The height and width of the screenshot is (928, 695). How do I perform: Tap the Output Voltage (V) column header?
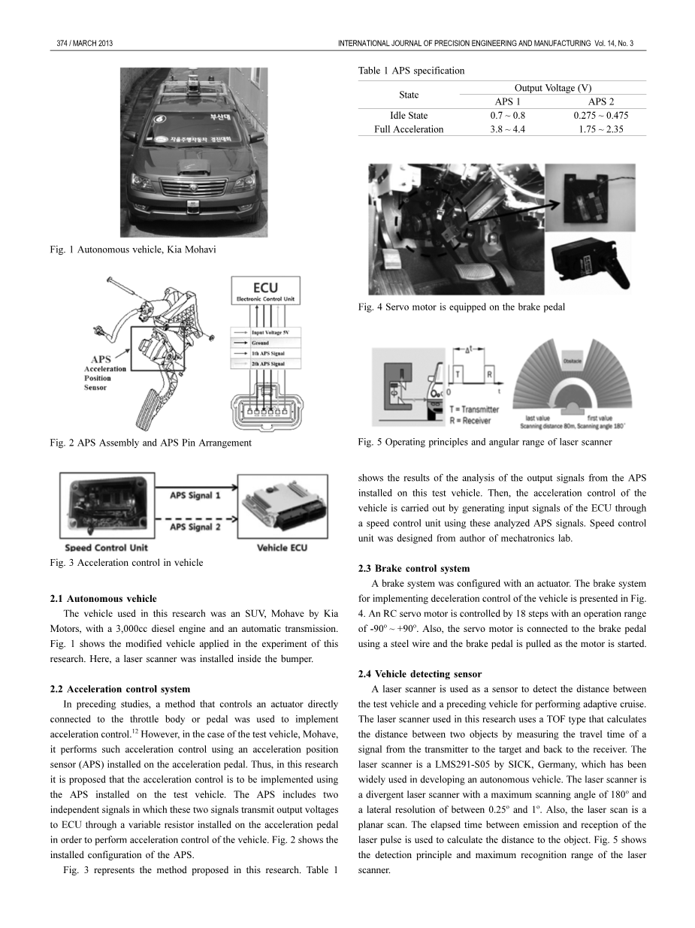(x=552, y=88)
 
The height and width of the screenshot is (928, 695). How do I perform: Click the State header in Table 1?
(x=409, y=95)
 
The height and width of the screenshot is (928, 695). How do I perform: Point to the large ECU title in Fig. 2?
(x=264, y=288)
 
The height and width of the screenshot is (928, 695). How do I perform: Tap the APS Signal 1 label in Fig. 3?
(x=195, y=496)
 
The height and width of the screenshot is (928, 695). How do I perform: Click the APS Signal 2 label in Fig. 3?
(x=195, y=527)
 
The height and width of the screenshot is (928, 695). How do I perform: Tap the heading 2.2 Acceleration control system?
(x=119, y=688)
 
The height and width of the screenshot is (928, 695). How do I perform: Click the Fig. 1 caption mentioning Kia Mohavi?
(x=130, y=249)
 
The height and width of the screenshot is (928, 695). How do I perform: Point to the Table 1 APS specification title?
(x=411, y=71)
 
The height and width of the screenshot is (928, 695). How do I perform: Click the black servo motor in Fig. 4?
(x=593, y=262)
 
